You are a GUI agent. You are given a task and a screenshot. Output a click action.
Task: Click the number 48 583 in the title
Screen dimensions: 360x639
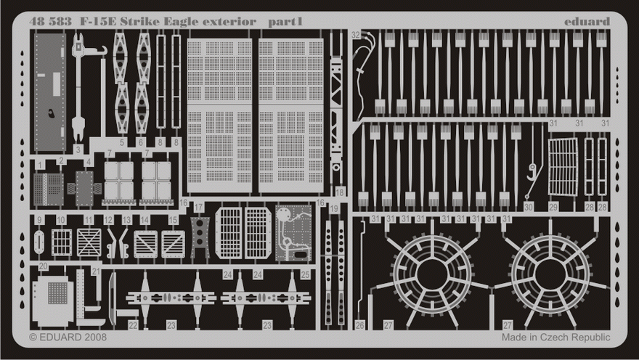[x=50, y=22]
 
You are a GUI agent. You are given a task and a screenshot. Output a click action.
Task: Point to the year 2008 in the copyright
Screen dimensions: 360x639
[x=94, y=337]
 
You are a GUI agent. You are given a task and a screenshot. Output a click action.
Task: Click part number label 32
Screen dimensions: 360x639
[x=355, y=35]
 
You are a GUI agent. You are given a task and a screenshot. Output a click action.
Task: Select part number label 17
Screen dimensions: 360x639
[x=198, y=208]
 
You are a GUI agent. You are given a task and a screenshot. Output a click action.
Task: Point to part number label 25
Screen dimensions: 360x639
[x=305, y=274]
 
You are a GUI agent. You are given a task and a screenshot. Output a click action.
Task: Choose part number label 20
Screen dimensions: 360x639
[x=44, y=266]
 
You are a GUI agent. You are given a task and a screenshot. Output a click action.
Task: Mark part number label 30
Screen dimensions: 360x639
[x=528, y=208]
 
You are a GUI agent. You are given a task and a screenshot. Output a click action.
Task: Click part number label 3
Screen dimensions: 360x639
[x=78, y=149]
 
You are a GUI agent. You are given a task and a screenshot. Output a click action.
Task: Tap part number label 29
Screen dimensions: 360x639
[x=553, y=208]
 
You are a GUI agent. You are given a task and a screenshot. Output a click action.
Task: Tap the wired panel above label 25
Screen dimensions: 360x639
[x=293, y=232]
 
